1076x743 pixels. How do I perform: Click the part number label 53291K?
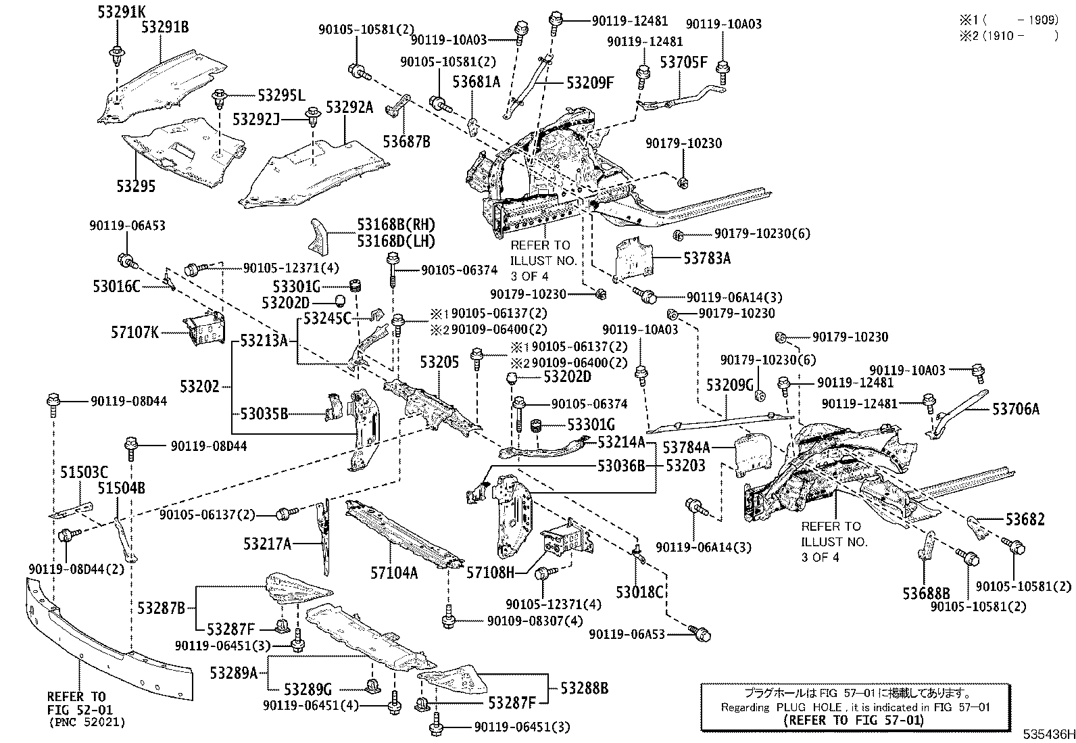pos(122,11)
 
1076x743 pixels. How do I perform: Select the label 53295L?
pos(281,95)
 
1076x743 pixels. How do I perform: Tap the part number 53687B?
pos(406,141)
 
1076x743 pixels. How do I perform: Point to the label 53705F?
pos(683,62)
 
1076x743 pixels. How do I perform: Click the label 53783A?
pos(707,258)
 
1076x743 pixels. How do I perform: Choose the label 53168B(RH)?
pos(396,224)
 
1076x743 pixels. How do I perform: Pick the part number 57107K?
pos(134,332)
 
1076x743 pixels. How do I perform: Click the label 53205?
pos(439,362)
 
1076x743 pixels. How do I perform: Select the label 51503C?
pos(84,473)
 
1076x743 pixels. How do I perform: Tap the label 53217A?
pos(267,544)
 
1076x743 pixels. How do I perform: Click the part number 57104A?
pos(394,573)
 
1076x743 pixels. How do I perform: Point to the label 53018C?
pos(639,592)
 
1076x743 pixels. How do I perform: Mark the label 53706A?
pos(1016,409)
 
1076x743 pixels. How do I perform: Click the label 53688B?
pos(926,594)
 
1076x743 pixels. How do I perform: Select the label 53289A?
pos(234,673)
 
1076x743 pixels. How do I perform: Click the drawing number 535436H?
pos(1049,734)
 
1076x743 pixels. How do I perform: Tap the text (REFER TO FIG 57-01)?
pos(854,720)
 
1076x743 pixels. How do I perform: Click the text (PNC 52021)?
pos(87,722)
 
